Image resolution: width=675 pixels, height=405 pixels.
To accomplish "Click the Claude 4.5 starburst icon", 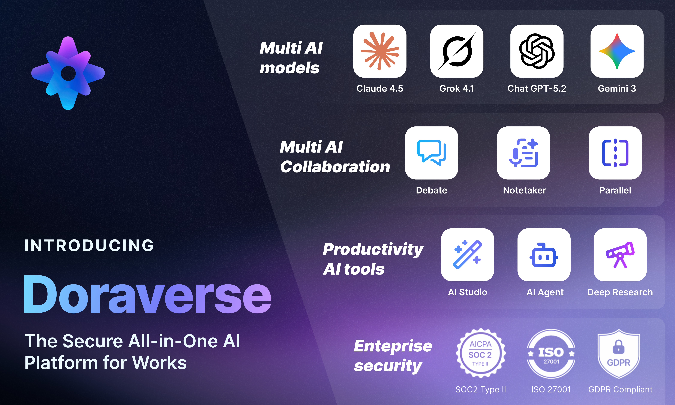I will (380, 51).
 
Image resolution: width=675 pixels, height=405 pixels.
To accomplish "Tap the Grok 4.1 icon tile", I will (457, 51).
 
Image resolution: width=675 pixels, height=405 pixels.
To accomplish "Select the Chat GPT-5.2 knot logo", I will (537, 51).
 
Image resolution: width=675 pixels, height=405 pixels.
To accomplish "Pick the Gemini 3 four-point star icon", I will (617, 51).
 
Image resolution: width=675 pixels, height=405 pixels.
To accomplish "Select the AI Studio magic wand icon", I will (467, 255).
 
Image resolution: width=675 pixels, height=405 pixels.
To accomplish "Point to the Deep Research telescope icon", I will (620, 255).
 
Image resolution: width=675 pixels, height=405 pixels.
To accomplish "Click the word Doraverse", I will (147, 295).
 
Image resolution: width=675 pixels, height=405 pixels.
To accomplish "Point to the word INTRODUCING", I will (89, 245).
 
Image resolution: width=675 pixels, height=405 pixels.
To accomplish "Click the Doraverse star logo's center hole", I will (68, 73).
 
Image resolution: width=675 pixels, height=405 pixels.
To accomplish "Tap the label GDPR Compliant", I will (620, 389).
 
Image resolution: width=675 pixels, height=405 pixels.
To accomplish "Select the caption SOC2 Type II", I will (480, 389).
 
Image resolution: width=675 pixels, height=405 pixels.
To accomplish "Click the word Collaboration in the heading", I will (335, 167).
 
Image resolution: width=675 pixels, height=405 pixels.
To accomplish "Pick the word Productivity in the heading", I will (373, 249).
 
